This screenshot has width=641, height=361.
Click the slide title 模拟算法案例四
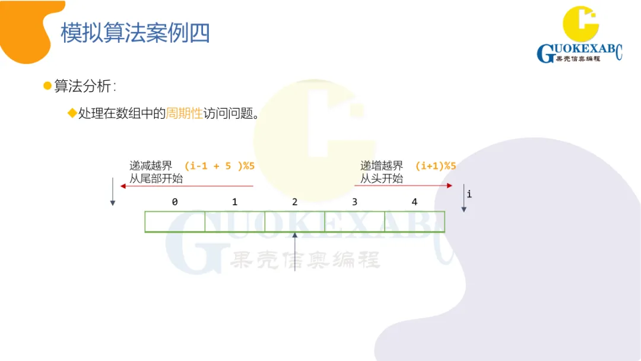(135, 33)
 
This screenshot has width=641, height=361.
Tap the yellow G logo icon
(581, 25)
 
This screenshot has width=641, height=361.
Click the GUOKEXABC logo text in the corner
(579, 53)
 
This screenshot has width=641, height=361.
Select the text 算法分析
(82, 86)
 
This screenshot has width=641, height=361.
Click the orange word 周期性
(184, 113)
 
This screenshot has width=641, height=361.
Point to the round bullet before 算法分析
(47, 86)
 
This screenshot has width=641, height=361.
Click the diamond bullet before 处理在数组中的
(72, 113)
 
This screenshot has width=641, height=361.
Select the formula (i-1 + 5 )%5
(219, 166)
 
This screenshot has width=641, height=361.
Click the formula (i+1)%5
(435, 166)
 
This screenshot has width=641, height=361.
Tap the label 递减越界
(151, 166)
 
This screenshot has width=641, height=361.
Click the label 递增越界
(382, 166)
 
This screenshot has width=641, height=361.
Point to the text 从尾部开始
(156, 179)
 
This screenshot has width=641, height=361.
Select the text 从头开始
(382, 179)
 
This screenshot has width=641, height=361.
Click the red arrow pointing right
(407, 186)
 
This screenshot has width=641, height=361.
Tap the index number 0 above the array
(174, 202)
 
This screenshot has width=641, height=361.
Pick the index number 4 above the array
(414, 202)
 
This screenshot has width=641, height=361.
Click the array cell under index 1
(234, 221)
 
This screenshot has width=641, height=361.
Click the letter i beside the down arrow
(469, 194)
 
